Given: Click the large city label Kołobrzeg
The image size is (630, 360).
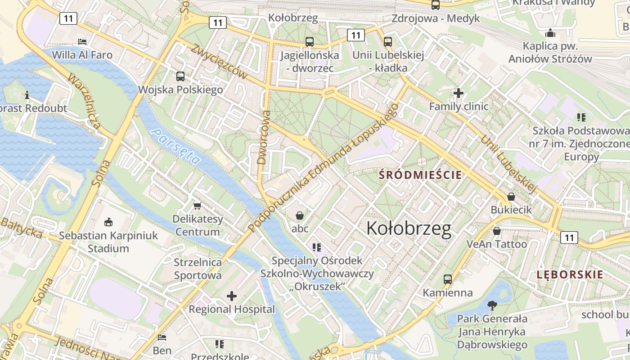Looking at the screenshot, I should [409, 229].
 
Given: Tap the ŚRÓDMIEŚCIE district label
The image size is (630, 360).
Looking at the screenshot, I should [421, 175].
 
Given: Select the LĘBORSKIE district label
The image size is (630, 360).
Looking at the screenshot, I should [570, 274].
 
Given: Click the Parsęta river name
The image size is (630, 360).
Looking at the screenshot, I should [175, 146].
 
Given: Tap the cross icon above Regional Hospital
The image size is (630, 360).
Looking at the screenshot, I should [232, 296].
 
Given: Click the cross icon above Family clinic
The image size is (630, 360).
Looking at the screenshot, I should [459, 93].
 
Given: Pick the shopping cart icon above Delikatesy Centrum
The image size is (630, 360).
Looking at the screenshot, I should [197, 206].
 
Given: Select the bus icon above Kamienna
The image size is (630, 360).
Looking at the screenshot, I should [447, 279].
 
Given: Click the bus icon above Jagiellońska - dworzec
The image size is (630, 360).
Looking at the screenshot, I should [310, 42].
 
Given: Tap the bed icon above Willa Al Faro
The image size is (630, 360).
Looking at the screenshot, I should [82, 41].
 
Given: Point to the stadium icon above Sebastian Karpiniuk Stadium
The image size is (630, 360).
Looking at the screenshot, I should [108, 222].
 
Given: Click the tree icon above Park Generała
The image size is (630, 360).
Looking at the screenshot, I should [493, 306].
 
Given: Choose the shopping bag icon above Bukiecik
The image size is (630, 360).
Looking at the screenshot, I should [511, 197].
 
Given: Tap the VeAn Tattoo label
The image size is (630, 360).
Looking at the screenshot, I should [496, 244].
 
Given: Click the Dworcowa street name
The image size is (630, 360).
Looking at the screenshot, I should [264, 137].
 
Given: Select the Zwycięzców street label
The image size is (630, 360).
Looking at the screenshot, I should [219, 62].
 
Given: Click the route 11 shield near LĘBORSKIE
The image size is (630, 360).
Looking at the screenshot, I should [569, 237].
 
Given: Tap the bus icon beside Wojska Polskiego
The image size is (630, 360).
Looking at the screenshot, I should [180, 76].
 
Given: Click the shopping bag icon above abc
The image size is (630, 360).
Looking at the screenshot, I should [300, 216].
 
